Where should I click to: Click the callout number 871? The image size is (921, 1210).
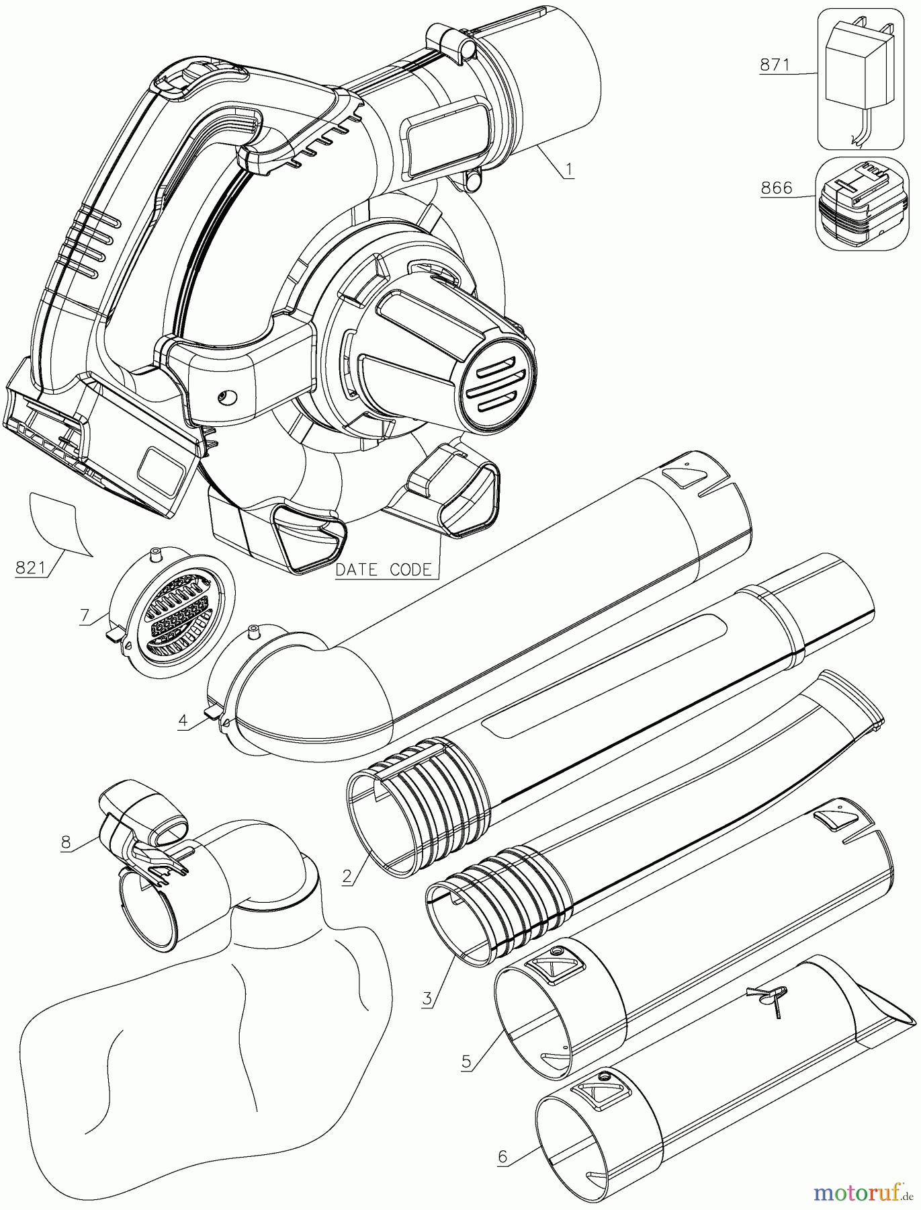point(775,65)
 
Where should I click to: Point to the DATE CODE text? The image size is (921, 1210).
point(383,569)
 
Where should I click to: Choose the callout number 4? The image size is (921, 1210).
point(183,721)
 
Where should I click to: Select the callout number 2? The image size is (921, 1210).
point(347,876)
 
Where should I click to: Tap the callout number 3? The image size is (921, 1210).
point(427,998)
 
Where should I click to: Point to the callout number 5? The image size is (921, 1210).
point(466,1061)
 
